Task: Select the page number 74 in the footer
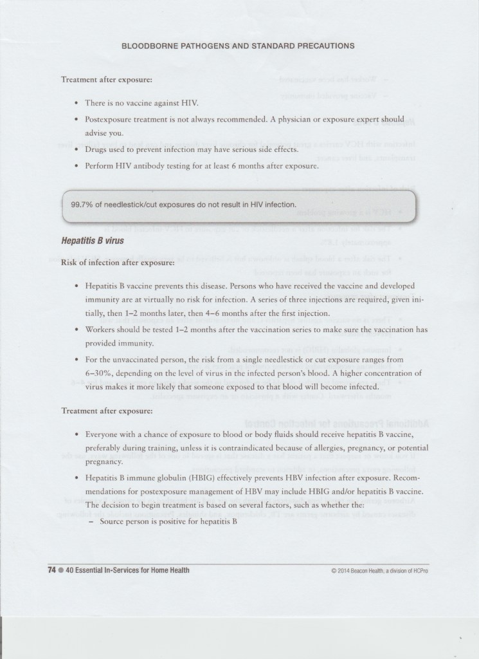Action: click(x=51, y=570)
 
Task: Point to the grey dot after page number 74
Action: click(x=60, y=570)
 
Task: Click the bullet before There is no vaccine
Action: click(x=77, y=102)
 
